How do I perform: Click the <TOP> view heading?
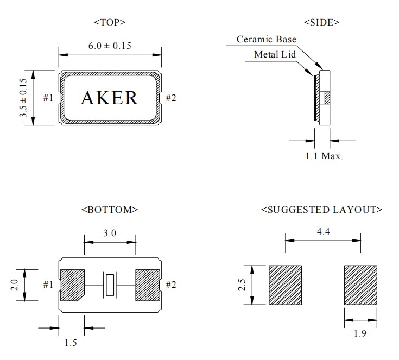point(110,22)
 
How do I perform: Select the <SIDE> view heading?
point(321,22)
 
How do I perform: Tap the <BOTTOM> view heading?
point(110,209)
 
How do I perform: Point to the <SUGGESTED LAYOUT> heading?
point(321,209)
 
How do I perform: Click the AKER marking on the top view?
point(110,98)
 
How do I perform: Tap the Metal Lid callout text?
point(274,54)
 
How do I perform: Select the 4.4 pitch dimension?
point(322,232)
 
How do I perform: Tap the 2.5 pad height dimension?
point(244,285)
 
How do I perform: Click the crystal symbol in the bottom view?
point(110,285)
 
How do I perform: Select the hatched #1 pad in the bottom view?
point(71,284)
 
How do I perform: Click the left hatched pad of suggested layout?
point(285,285)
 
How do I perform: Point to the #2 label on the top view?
point(171,98)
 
